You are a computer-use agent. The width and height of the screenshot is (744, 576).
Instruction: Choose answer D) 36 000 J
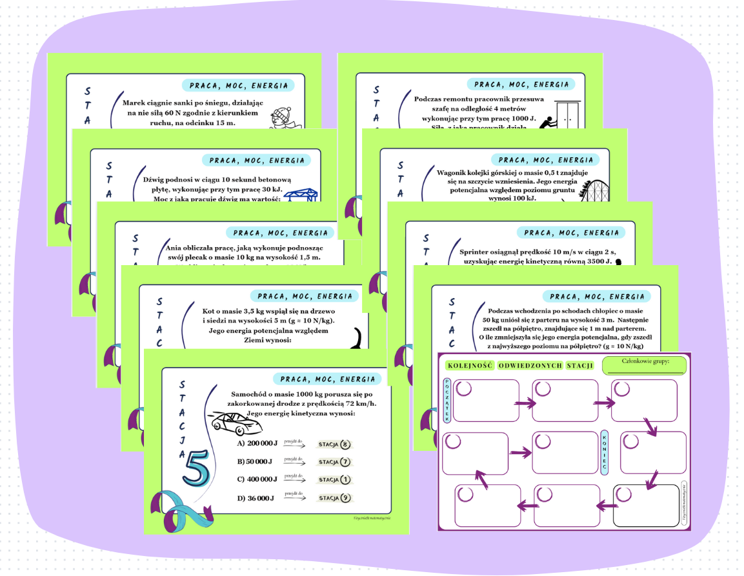point(256,498)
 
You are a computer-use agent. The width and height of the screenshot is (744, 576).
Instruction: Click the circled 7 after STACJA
point(345,462)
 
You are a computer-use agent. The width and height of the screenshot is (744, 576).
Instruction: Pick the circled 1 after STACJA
point(345,480)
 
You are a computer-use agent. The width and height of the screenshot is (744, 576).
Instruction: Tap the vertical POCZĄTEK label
point(447,401)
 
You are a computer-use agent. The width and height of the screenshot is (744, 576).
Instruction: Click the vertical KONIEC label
point(604,451)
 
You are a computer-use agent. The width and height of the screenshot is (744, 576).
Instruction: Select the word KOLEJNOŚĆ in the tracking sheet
point(469,366)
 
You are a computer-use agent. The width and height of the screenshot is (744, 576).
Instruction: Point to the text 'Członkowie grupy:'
point(645,361)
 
